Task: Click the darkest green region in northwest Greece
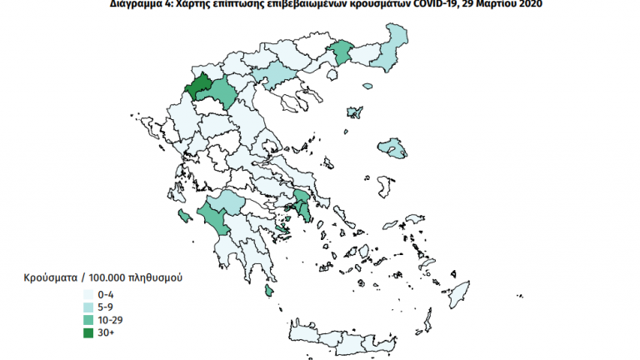coord(198,87)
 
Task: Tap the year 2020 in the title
coord(527,5)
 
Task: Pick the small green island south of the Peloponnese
coord(269,290)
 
